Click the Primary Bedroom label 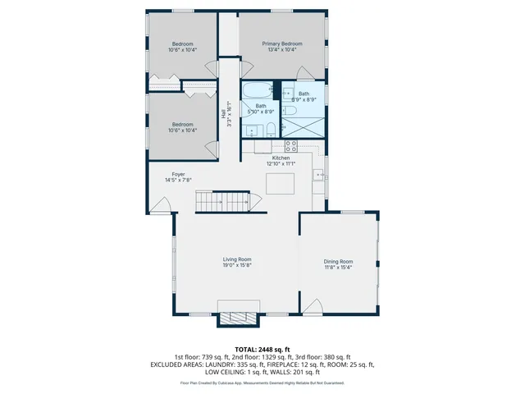[282, 44]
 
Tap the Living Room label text [237, 259]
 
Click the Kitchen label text [281, 158]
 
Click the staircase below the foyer [221, 202]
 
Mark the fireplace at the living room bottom [238, 318]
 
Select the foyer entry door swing [157, 205]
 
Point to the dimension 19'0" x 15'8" [237, 265]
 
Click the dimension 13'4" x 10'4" [282, 50]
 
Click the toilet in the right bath [290, 110]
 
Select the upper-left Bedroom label [182, 44]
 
